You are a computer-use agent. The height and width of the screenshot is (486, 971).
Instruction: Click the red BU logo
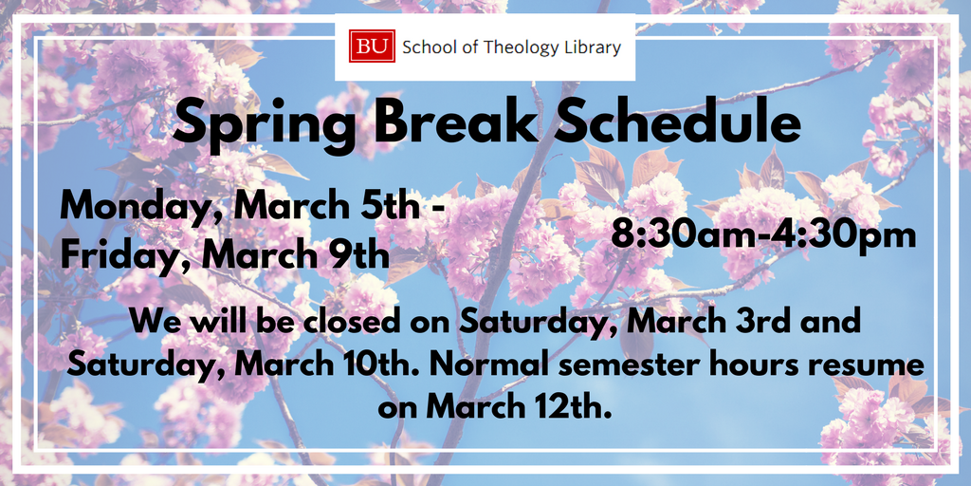pyautogui.click(x=372, y=47)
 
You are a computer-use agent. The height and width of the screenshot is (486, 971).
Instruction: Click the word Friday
pyautogui.click(x=124, y=256)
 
